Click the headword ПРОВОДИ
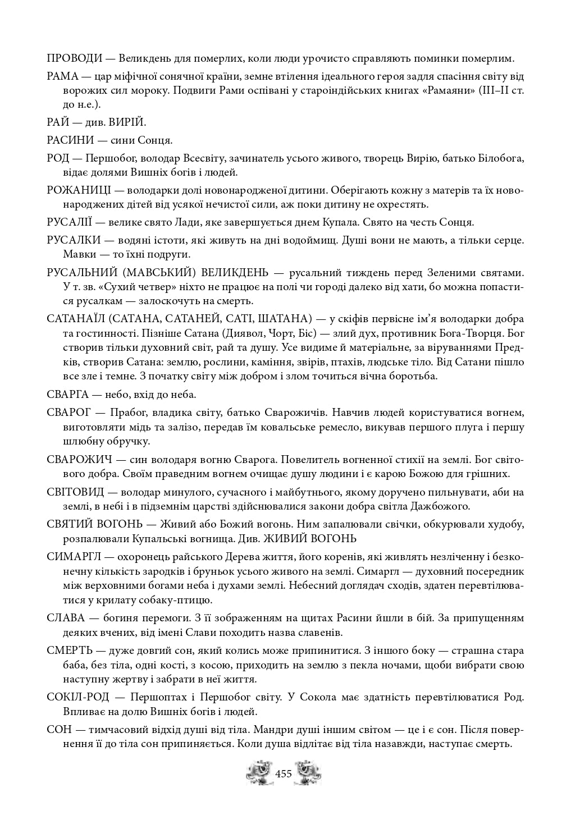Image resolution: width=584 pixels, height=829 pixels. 75,58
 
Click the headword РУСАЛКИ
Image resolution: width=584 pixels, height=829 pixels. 74,240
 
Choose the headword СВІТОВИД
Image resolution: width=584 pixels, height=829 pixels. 76,492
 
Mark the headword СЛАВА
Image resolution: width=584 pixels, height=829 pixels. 66,619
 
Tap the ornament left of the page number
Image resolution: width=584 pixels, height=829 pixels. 259,772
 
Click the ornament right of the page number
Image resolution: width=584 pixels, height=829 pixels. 307,772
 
